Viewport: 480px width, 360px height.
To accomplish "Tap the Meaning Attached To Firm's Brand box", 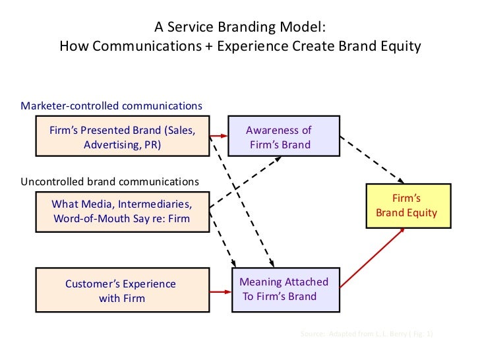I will point(284,289).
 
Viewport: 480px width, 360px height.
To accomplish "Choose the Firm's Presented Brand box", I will point(122,137).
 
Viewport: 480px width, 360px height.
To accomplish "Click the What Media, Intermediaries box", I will point(122,211).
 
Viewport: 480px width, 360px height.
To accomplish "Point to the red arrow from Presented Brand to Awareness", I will point(219,137).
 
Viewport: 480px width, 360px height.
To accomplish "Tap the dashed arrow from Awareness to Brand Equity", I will point(372,160).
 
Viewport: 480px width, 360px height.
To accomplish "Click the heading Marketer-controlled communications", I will point(111,105).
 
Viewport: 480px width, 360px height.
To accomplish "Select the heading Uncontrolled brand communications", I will point(109,181).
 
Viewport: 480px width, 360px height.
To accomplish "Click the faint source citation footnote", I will point(367,334).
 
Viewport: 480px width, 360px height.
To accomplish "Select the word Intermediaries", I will point(156,204).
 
